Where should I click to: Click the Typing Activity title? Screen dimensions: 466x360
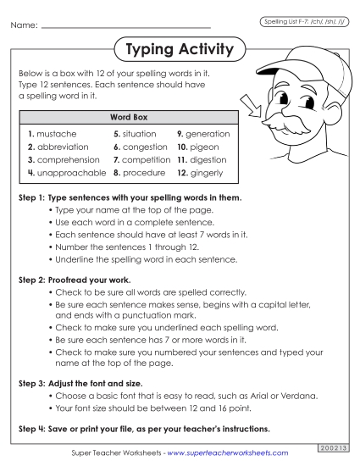point(179,50)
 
